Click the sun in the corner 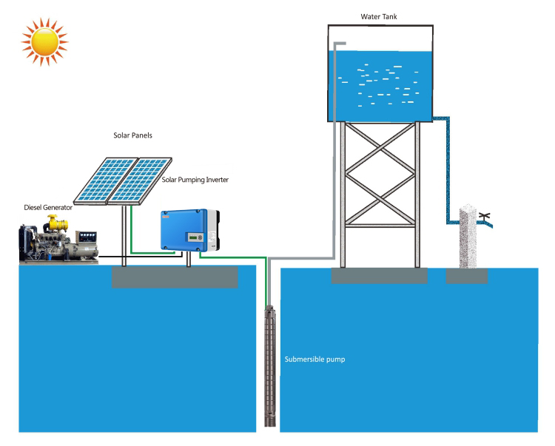[44, 41]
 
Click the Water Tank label [379, 16]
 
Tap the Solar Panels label [132, 135]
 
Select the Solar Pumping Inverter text [195, 180]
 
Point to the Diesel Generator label [48, 207]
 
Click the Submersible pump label [314, 359]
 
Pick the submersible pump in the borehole [270, 365]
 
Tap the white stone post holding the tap [468, 236]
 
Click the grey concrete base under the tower [379, 276]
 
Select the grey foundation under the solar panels [175, 277]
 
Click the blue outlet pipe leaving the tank [448, 170]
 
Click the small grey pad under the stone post [466, 276]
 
